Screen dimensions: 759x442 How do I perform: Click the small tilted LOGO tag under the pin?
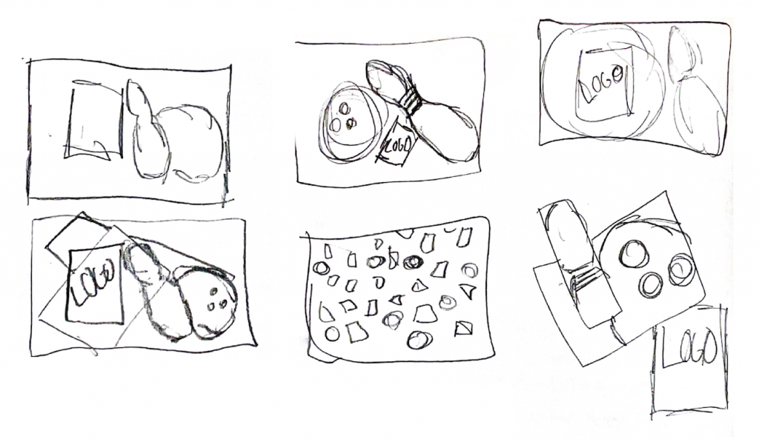tap(398, 143)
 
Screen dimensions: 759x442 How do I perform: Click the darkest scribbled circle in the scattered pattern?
tap(412, 263)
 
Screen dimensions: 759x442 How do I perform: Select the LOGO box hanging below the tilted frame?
tap(689, 361)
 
